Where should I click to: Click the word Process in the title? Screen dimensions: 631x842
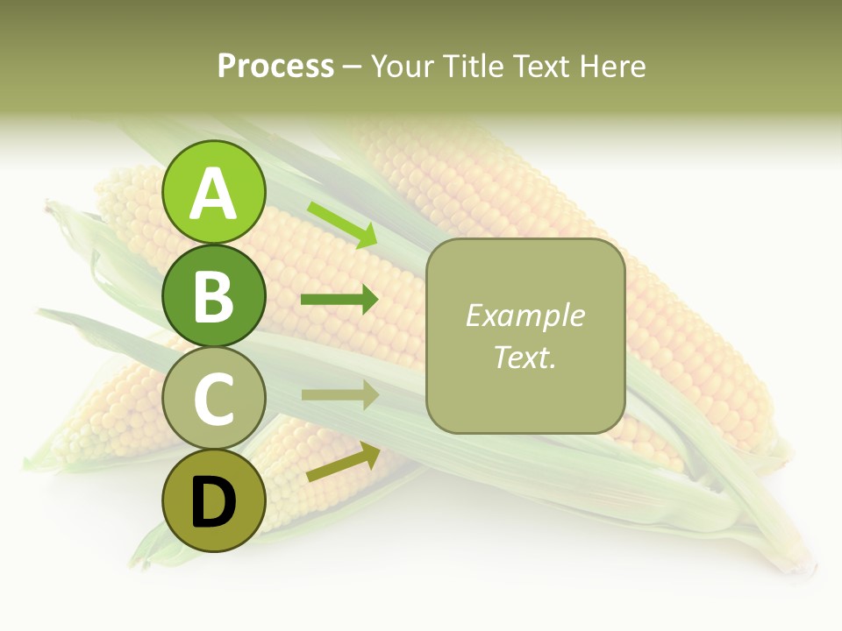click(x=275, y=67)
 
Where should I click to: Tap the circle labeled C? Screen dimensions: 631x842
click(x=214, y=398)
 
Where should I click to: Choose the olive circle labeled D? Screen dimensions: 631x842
click(x=214, y=500)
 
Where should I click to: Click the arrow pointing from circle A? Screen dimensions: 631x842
click(x=342, y=223)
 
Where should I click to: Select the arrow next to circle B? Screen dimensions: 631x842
click(x=339, y=300)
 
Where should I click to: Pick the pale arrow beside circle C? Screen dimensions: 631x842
click(x=339, y=395)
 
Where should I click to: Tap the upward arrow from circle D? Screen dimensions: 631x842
click(x=343, y=463)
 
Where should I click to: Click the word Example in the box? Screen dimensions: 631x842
click(x=524, y=315)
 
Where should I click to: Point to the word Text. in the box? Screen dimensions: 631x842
click(x=524, y=357)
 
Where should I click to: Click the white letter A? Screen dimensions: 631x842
click(x=214, y=194)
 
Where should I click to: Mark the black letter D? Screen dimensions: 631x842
click(x=214, y=502)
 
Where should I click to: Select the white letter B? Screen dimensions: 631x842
click(x=214, y=296)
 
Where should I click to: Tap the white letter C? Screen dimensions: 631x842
click(x=214, y=399)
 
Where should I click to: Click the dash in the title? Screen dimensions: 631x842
click(x=353, y=67)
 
